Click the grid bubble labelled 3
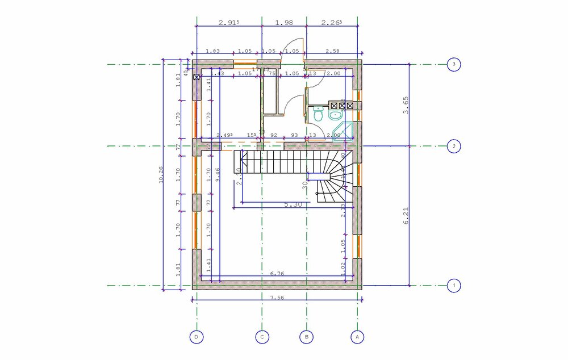(x=453, y=64)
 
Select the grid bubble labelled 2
(x=453, y=146)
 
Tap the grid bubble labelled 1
(x=453, y=285)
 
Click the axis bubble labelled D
(x=197, y=337)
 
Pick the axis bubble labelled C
(x=262, y=337)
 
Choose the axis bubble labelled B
(x=306, y=337)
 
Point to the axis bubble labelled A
(x=357, y=337)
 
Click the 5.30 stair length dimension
(x=293, y=204)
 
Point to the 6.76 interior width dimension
(x=277, y=274)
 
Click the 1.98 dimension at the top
(x=283, y=23)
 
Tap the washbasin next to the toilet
(x=336, y=115)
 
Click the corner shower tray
(x=344, y=132)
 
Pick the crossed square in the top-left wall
(x=197, y=77)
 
